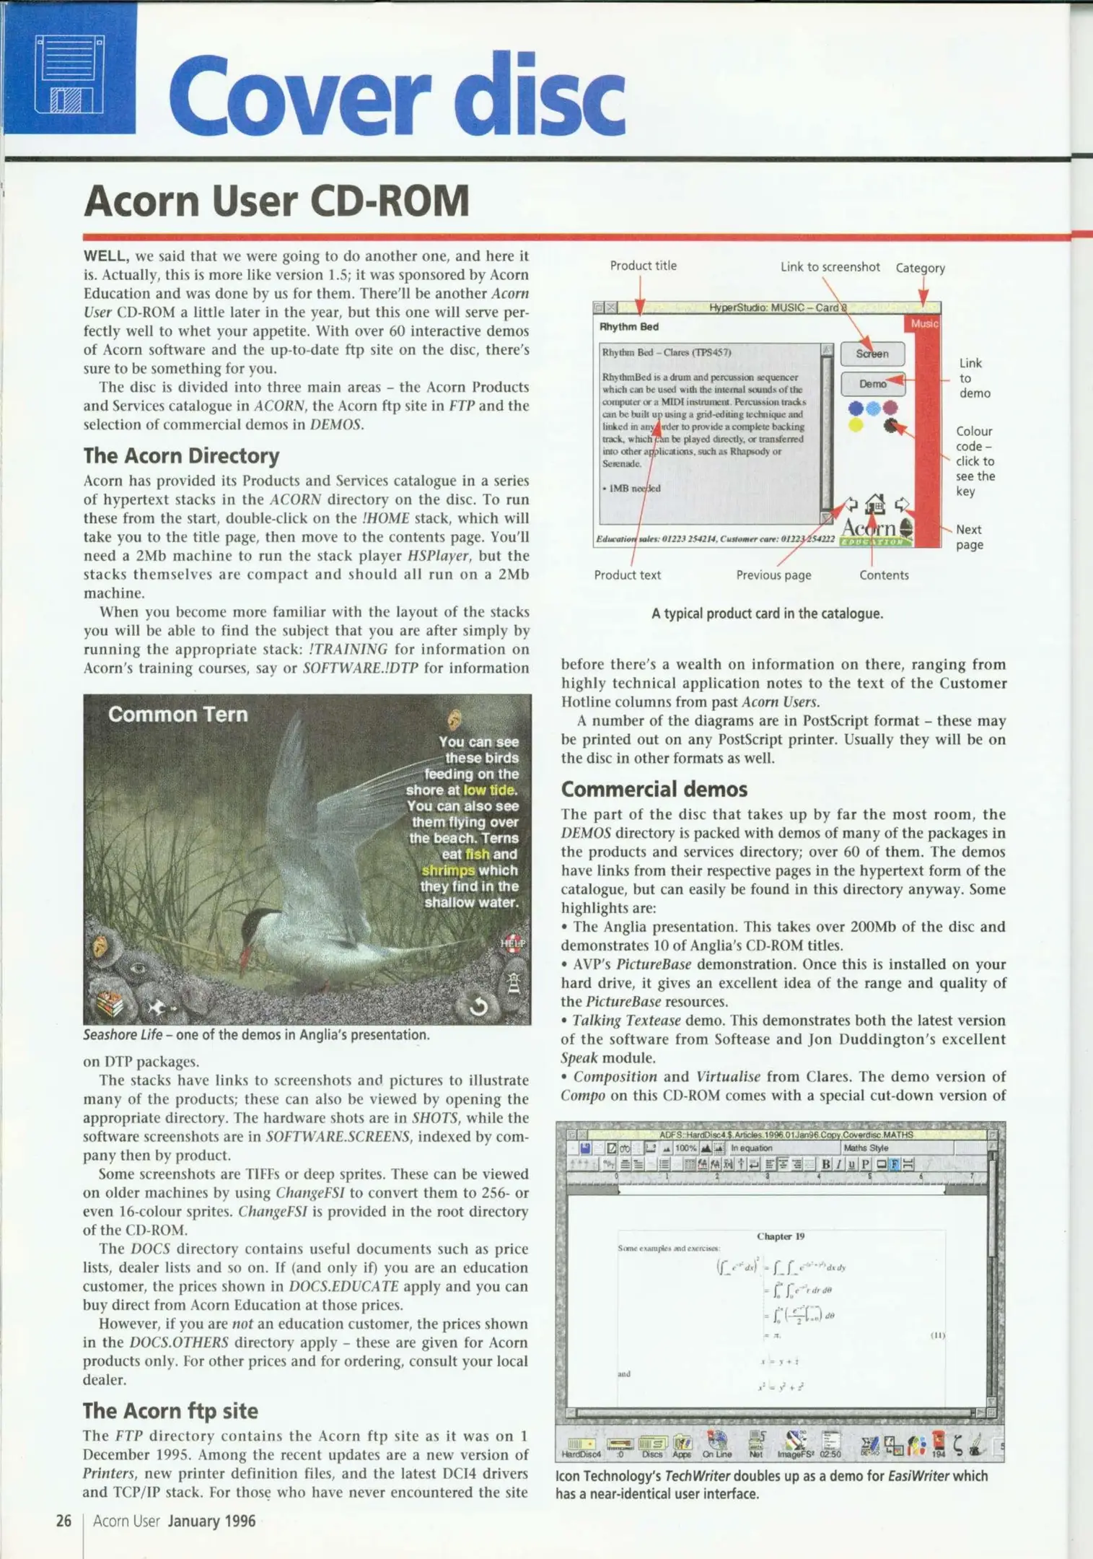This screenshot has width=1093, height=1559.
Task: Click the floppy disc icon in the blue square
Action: click(70, 74)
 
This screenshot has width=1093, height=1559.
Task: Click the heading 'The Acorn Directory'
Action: click(181, 456)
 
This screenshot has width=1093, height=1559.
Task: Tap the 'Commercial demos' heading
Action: click(654, 789)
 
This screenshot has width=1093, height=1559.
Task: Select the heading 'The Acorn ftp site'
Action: click(170, 1410)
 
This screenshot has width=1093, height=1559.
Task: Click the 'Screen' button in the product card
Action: click(872, 354)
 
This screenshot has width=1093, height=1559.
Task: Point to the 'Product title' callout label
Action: click(643, 266)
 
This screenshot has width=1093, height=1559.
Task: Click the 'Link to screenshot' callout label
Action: click(830, 267)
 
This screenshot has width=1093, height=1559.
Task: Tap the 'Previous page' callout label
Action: click(773, 575)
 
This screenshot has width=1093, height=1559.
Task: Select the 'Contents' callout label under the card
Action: click(884, 575)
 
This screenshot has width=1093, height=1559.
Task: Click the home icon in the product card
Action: click(875, 504)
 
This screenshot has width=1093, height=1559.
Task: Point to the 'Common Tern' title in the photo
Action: click(177, 715)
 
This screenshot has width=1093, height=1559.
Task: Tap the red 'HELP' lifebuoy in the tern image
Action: click(513, 943)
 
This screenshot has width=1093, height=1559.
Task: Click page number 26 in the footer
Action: click(63, 1521)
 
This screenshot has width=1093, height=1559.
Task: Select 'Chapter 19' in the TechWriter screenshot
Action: click(780, 1236)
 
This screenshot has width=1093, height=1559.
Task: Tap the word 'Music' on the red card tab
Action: click(924, 324)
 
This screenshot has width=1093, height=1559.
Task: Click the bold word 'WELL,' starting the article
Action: click(106, 256)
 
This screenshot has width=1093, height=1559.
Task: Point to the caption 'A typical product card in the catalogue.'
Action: click(767, 613)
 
